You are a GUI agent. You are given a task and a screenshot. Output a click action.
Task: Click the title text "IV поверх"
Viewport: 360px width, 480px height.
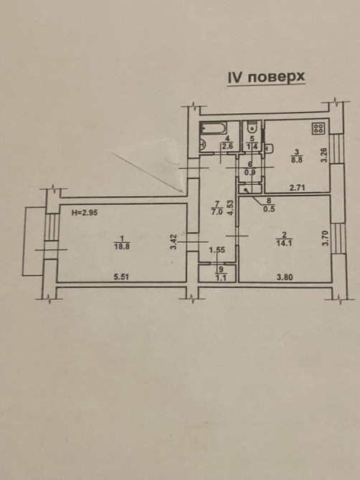coord(266,77)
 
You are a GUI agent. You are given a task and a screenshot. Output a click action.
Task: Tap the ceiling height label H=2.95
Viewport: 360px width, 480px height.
coord(85,213)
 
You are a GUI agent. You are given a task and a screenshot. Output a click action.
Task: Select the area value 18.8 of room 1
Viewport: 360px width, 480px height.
coord(122,246)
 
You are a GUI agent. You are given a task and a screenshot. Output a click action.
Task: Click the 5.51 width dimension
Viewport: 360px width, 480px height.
coord(121,277)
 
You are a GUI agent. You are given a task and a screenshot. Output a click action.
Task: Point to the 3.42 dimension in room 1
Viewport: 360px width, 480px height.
coord(174,241)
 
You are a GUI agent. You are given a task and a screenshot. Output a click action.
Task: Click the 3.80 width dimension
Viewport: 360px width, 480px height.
coord(285,278)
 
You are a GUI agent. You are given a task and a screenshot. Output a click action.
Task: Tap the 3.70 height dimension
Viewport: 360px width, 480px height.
coord(326,238)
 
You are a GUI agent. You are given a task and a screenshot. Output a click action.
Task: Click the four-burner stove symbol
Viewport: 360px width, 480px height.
coord(318,128)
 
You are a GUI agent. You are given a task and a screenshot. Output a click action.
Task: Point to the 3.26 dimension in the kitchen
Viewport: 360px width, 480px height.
coord(325,155)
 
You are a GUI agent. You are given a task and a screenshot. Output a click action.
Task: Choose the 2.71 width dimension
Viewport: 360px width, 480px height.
coord(297,188)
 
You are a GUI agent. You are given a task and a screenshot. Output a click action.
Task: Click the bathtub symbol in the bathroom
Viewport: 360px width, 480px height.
coord(214,128)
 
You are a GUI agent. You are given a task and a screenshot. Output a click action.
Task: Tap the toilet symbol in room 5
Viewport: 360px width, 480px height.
coord(252,128)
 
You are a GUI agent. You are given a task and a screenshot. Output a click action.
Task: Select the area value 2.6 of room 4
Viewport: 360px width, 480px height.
coord(227,146)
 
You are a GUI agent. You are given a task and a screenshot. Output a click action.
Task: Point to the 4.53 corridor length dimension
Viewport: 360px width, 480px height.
coord(230,208)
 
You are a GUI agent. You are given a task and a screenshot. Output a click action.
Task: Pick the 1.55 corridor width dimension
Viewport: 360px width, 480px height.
coord(217,250)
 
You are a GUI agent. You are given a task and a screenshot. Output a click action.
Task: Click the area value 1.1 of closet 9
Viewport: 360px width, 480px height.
coord(220,275)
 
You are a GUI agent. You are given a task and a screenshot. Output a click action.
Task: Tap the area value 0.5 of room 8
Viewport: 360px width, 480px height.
coord(270,209)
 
